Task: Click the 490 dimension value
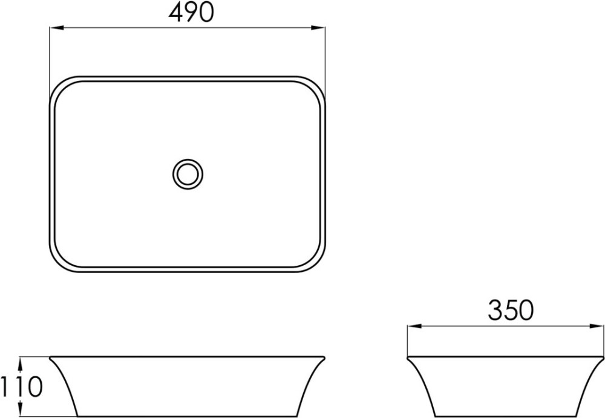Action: pos(191,12)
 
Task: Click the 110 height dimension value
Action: pos(22,387)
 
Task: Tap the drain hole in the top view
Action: pos(188,174)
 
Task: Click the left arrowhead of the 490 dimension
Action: pos(56,27)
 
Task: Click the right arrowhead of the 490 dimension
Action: pos(318,27)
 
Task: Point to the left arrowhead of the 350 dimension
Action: pos(414,326)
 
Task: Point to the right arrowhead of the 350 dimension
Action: pos(596,326)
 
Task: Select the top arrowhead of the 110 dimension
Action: pos(21,363)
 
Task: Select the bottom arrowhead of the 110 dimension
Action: pos(21,409)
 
